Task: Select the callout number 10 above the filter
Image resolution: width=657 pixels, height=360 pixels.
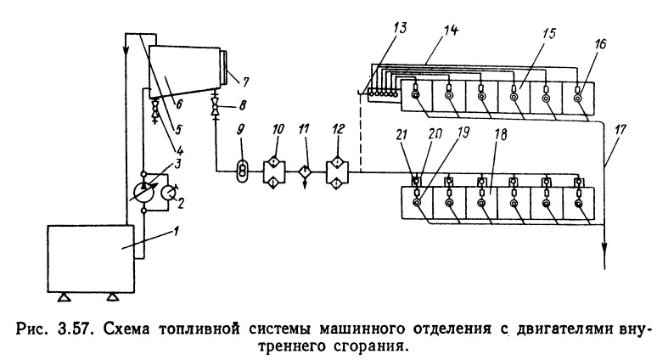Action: coord(277,128)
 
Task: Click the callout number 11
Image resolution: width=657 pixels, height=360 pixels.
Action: coord(307,128)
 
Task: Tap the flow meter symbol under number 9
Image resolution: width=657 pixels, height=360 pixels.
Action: coord(241,168)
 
